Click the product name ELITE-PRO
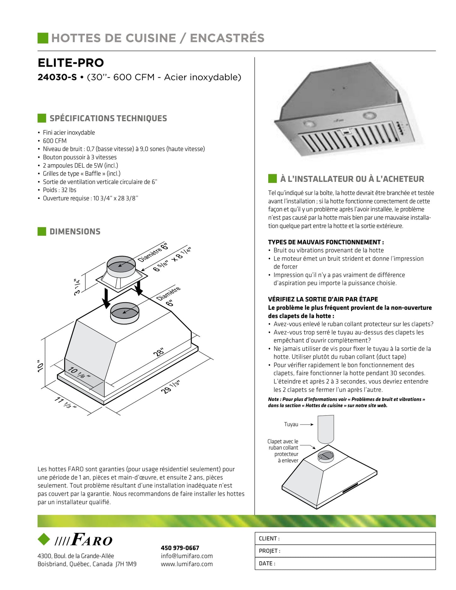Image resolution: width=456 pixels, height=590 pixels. tap(71, 63)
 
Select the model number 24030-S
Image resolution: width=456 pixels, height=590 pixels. tap(57, 77)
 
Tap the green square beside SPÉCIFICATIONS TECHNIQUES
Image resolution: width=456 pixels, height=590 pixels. tap(42, 118)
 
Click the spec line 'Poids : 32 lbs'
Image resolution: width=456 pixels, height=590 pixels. tap(59, 190)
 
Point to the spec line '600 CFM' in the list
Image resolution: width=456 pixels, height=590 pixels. tap(55, 141)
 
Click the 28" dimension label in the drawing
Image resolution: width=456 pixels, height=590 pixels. tap(159, 352)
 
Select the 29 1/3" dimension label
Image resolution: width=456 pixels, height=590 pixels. tap(170, 387)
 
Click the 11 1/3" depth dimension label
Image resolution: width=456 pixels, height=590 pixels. tap(65, 403)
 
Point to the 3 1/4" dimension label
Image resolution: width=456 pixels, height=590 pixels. tap(77, 287)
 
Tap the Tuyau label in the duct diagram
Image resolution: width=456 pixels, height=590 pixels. tap(291, 424)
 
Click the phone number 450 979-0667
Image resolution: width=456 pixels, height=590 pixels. tap(180, 548)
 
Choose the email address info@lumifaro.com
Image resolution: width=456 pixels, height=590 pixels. tap(187, 556)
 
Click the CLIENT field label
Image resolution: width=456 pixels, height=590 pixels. tap(269, 539)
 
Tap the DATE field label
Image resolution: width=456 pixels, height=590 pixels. tap(267, 563)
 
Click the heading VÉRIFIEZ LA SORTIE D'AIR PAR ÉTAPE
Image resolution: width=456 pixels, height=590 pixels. tap(323, 299)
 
